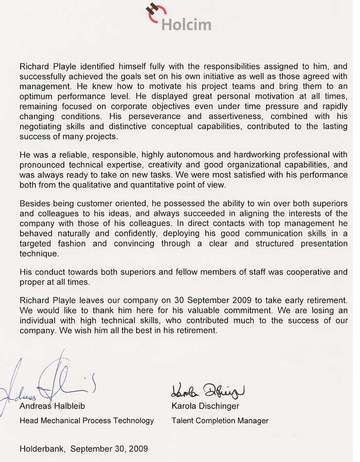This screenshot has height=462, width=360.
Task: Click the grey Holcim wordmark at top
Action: click(186, 24)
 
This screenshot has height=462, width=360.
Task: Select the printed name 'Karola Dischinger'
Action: click(205, 406)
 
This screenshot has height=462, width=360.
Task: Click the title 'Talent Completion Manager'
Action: click(220, 420)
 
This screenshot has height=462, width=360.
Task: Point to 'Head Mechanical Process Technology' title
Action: click(86, 420)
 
